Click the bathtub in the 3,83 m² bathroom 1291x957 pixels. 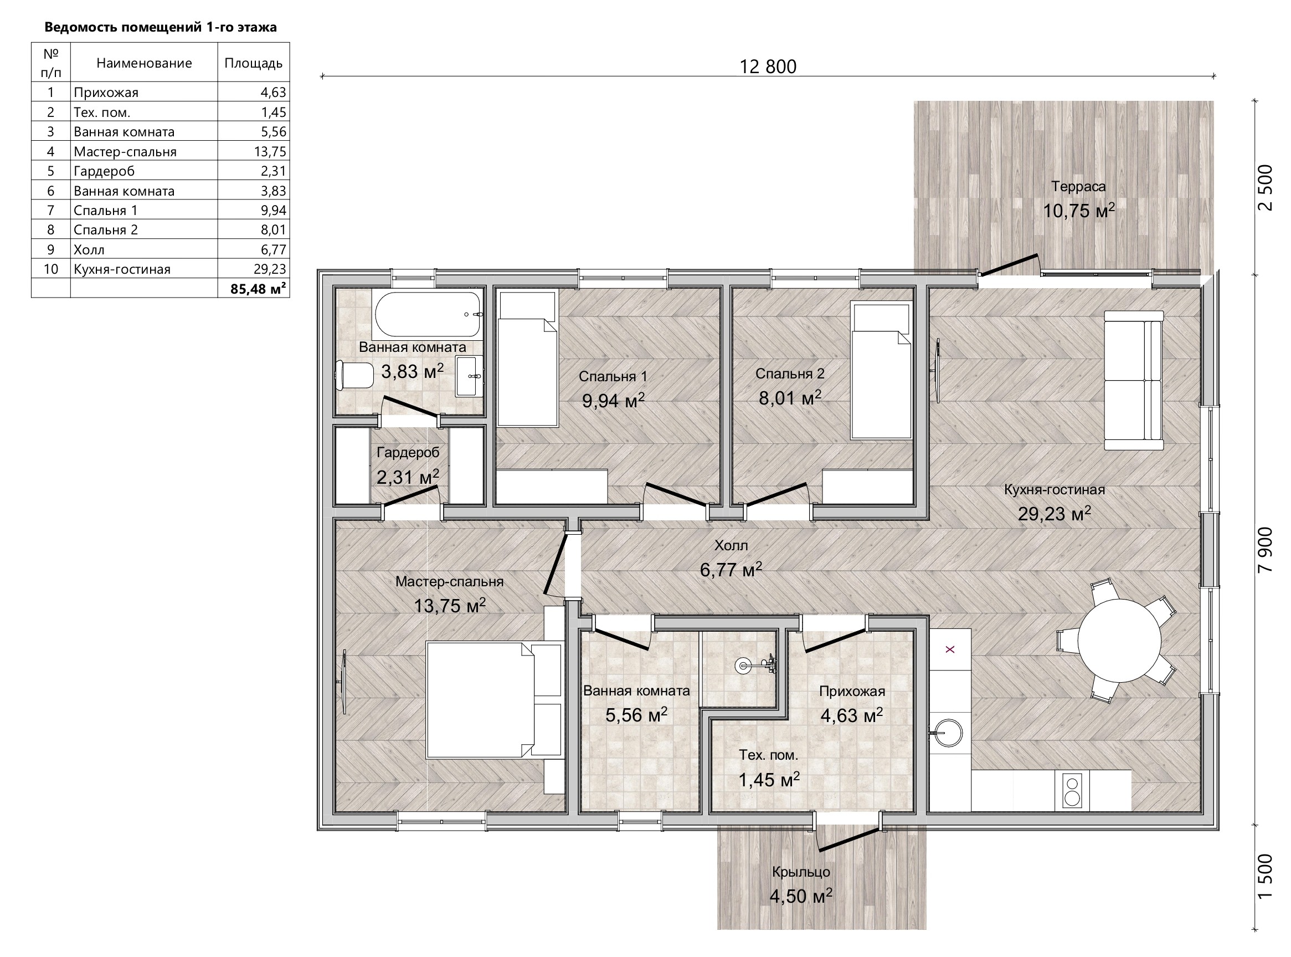[x=428, y=315]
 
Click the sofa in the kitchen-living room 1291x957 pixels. [x=1134, y=380]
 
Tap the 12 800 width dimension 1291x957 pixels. [x=768, y=67]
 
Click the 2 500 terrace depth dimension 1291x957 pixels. [x=1266, y=188]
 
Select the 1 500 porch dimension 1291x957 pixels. [x=1266, y=877]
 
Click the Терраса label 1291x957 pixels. [x=1078, y=187]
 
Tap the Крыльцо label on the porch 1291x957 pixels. [x=801, y=872]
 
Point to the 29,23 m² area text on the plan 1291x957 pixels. [x=1054, y=514]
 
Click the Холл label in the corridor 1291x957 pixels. [x=731, y=545]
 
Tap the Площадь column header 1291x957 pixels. [x=254, y=63]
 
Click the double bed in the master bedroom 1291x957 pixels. [x=494, y=699]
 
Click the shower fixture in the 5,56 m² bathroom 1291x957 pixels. [x=755, y=665]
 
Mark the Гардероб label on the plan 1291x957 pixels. [x=408, y=452]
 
